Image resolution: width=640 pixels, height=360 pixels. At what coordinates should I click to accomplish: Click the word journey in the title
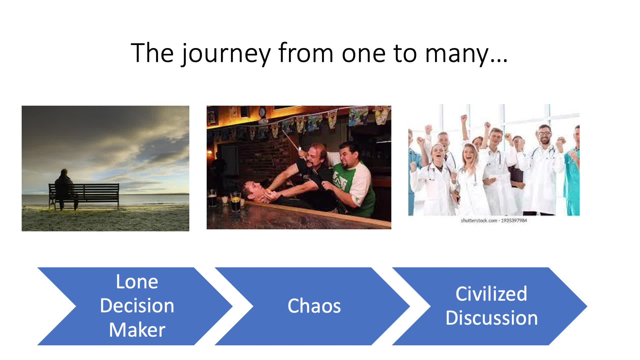(x=226, y=54)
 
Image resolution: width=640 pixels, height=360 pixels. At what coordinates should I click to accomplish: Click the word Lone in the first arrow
(x=137, y=282)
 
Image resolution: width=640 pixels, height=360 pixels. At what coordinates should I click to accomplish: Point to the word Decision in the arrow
(x=137, y=306)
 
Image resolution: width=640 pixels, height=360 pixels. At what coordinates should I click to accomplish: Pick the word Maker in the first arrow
(x=137, y=330)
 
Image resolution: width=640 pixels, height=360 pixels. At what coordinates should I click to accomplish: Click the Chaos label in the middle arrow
(x=314, y=306)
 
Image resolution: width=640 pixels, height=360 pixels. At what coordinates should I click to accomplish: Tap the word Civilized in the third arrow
(x=491, y=294)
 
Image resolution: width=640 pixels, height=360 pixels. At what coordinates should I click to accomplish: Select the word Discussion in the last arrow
(x=492, y=318)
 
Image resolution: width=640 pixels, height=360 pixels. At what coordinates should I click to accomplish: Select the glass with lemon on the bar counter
(x=235, y=201)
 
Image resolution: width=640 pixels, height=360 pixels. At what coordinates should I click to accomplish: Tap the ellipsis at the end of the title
(x=499, y=61)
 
